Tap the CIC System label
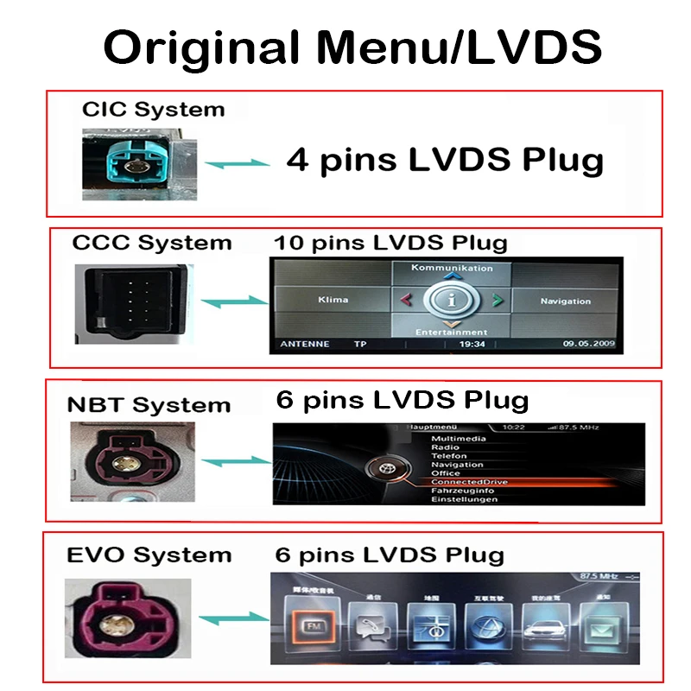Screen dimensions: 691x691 [153, 110]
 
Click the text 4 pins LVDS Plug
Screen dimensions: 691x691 [444, 161]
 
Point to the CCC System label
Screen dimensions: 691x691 [152, 243]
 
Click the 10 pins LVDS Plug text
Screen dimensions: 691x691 [390, 242]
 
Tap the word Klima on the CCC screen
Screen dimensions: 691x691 [333, 300]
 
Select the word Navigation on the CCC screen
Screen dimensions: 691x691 [566, 301]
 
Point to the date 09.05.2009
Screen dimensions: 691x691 [589, 344]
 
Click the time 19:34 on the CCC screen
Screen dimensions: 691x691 [472, 344]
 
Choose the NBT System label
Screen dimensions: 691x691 [149, 405]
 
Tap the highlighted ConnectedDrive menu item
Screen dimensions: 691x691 [469, 482]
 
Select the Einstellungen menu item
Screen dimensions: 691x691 [465, 499]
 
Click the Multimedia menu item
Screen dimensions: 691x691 [459, 439]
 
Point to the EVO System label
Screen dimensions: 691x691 [149, 555]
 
